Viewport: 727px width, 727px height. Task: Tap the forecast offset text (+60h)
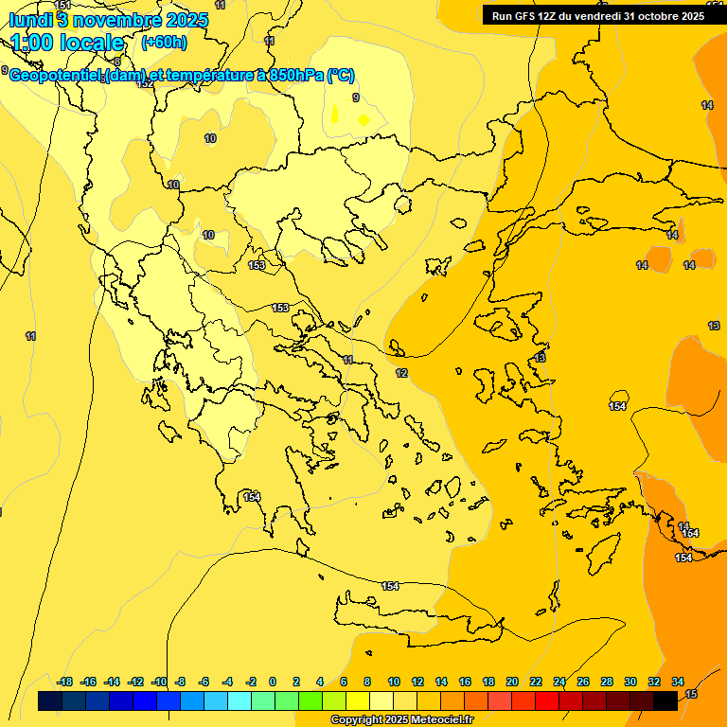(164, 42)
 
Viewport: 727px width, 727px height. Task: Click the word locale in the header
(91, 43)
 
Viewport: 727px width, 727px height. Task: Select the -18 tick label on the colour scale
(65, 682)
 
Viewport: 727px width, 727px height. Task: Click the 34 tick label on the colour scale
(678, 682)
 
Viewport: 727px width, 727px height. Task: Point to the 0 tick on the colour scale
(273, 682)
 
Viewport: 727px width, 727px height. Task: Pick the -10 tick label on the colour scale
(158, 682)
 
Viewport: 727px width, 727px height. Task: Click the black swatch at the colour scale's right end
(665, 700)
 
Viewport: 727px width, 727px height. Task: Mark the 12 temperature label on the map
(401, 373)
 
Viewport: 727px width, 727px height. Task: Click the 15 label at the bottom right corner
(691, 695)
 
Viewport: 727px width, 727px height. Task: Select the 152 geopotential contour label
(145, 83)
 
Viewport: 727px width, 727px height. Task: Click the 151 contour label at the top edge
(62, 6)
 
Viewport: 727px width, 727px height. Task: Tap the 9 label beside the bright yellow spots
(355, 98)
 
